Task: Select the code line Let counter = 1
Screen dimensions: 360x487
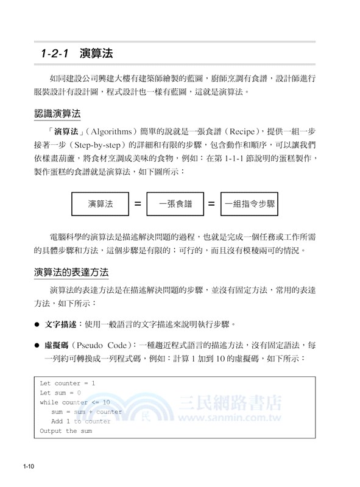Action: pyautogui.click(x=68, y=384)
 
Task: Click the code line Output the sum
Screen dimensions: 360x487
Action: pyautogui.click(x=66, y=431)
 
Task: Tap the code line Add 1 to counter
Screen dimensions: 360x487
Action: pyautogui.click(x=81, y=421)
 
